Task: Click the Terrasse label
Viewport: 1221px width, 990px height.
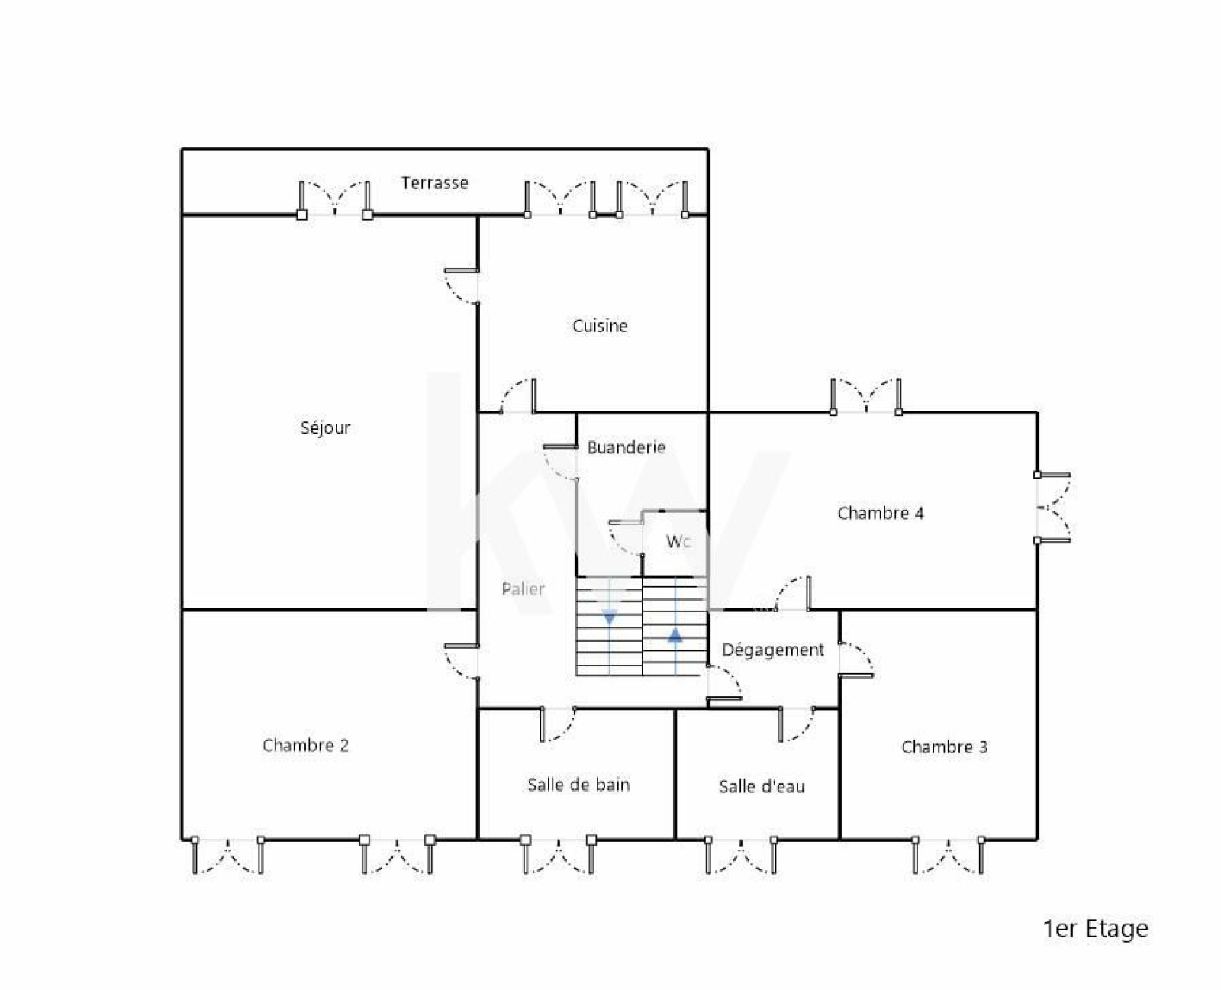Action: [434, 183]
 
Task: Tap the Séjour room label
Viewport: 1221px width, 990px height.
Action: [325, 427]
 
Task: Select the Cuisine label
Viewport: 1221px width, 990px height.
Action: [600, 326]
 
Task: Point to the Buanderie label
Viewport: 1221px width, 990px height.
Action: [627, 447]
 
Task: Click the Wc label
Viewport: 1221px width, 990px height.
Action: [678, 541]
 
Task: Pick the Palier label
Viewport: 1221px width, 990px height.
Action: [523, 589]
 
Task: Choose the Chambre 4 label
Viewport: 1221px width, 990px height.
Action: [881, 513]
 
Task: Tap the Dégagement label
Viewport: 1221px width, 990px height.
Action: [773, 650]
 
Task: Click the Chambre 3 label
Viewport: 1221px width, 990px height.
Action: [945, 747]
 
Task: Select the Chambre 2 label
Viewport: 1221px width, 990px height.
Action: [305, 745]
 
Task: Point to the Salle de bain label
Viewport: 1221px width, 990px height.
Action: [578, 785]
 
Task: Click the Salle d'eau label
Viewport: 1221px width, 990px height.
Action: [762, 786]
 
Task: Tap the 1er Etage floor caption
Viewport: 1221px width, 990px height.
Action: [1095, 929]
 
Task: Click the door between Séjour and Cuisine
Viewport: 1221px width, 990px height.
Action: [462, 286]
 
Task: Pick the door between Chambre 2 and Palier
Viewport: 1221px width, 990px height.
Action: [462, 662]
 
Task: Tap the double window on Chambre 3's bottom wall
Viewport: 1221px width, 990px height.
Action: [948, 856]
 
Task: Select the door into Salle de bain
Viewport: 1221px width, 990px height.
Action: [559, 724]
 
